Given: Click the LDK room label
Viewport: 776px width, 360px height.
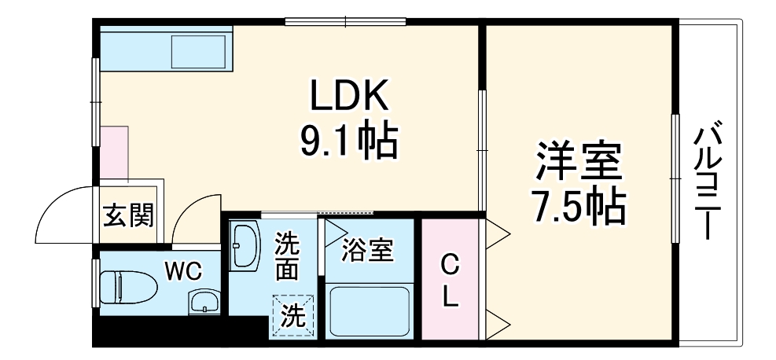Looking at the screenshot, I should pos(348,97).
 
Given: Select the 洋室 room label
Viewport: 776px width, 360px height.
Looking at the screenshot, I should pos(579,162).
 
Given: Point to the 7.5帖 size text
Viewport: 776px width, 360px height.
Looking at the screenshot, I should pos(579,206).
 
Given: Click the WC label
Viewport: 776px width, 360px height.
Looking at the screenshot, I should pos(182,271).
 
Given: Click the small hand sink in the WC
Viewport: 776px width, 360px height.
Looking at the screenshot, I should pos(204,302).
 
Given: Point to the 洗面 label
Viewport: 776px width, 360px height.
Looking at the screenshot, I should pos(286,257).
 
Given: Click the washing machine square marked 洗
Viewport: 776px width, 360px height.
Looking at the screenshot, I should pos(292,316).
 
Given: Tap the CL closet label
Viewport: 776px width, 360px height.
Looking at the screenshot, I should pos(450,281).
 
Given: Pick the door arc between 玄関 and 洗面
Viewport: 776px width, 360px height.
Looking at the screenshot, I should pos(191,216).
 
